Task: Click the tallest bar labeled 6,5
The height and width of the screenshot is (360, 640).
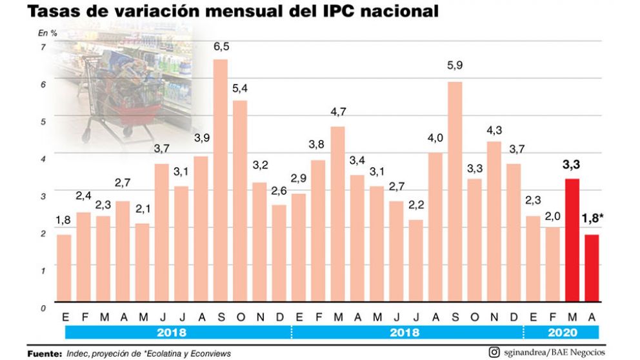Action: pos(221,181)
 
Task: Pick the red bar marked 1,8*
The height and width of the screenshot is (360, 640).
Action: pos(592,268)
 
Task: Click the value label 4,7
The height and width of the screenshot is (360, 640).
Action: pos(338,112)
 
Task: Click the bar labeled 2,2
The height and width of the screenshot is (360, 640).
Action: pos(416,261)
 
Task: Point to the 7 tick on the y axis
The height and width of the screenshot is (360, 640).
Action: pos(43,48)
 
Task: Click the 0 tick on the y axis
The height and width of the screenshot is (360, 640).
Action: pos(43,308)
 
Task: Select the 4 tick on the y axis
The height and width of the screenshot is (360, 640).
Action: pos(43,159)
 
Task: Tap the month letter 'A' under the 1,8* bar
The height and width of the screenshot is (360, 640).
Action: pos(592,317)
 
